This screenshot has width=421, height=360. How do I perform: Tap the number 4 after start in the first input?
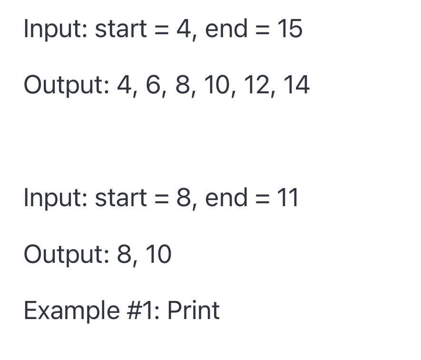(183, 29)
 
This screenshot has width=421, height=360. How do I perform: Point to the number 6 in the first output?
(153, 85)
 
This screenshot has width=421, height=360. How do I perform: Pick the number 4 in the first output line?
(124, 85)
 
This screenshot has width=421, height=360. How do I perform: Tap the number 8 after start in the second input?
(184, 198)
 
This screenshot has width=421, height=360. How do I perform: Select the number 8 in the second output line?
(124, 254)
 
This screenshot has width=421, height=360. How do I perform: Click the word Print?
(194, 310)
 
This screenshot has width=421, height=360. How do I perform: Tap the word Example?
(72, 312)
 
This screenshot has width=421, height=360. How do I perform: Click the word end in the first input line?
(226, 29)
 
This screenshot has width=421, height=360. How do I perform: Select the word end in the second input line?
(226, 198)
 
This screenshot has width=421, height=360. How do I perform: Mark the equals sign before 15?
(262, 30)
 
